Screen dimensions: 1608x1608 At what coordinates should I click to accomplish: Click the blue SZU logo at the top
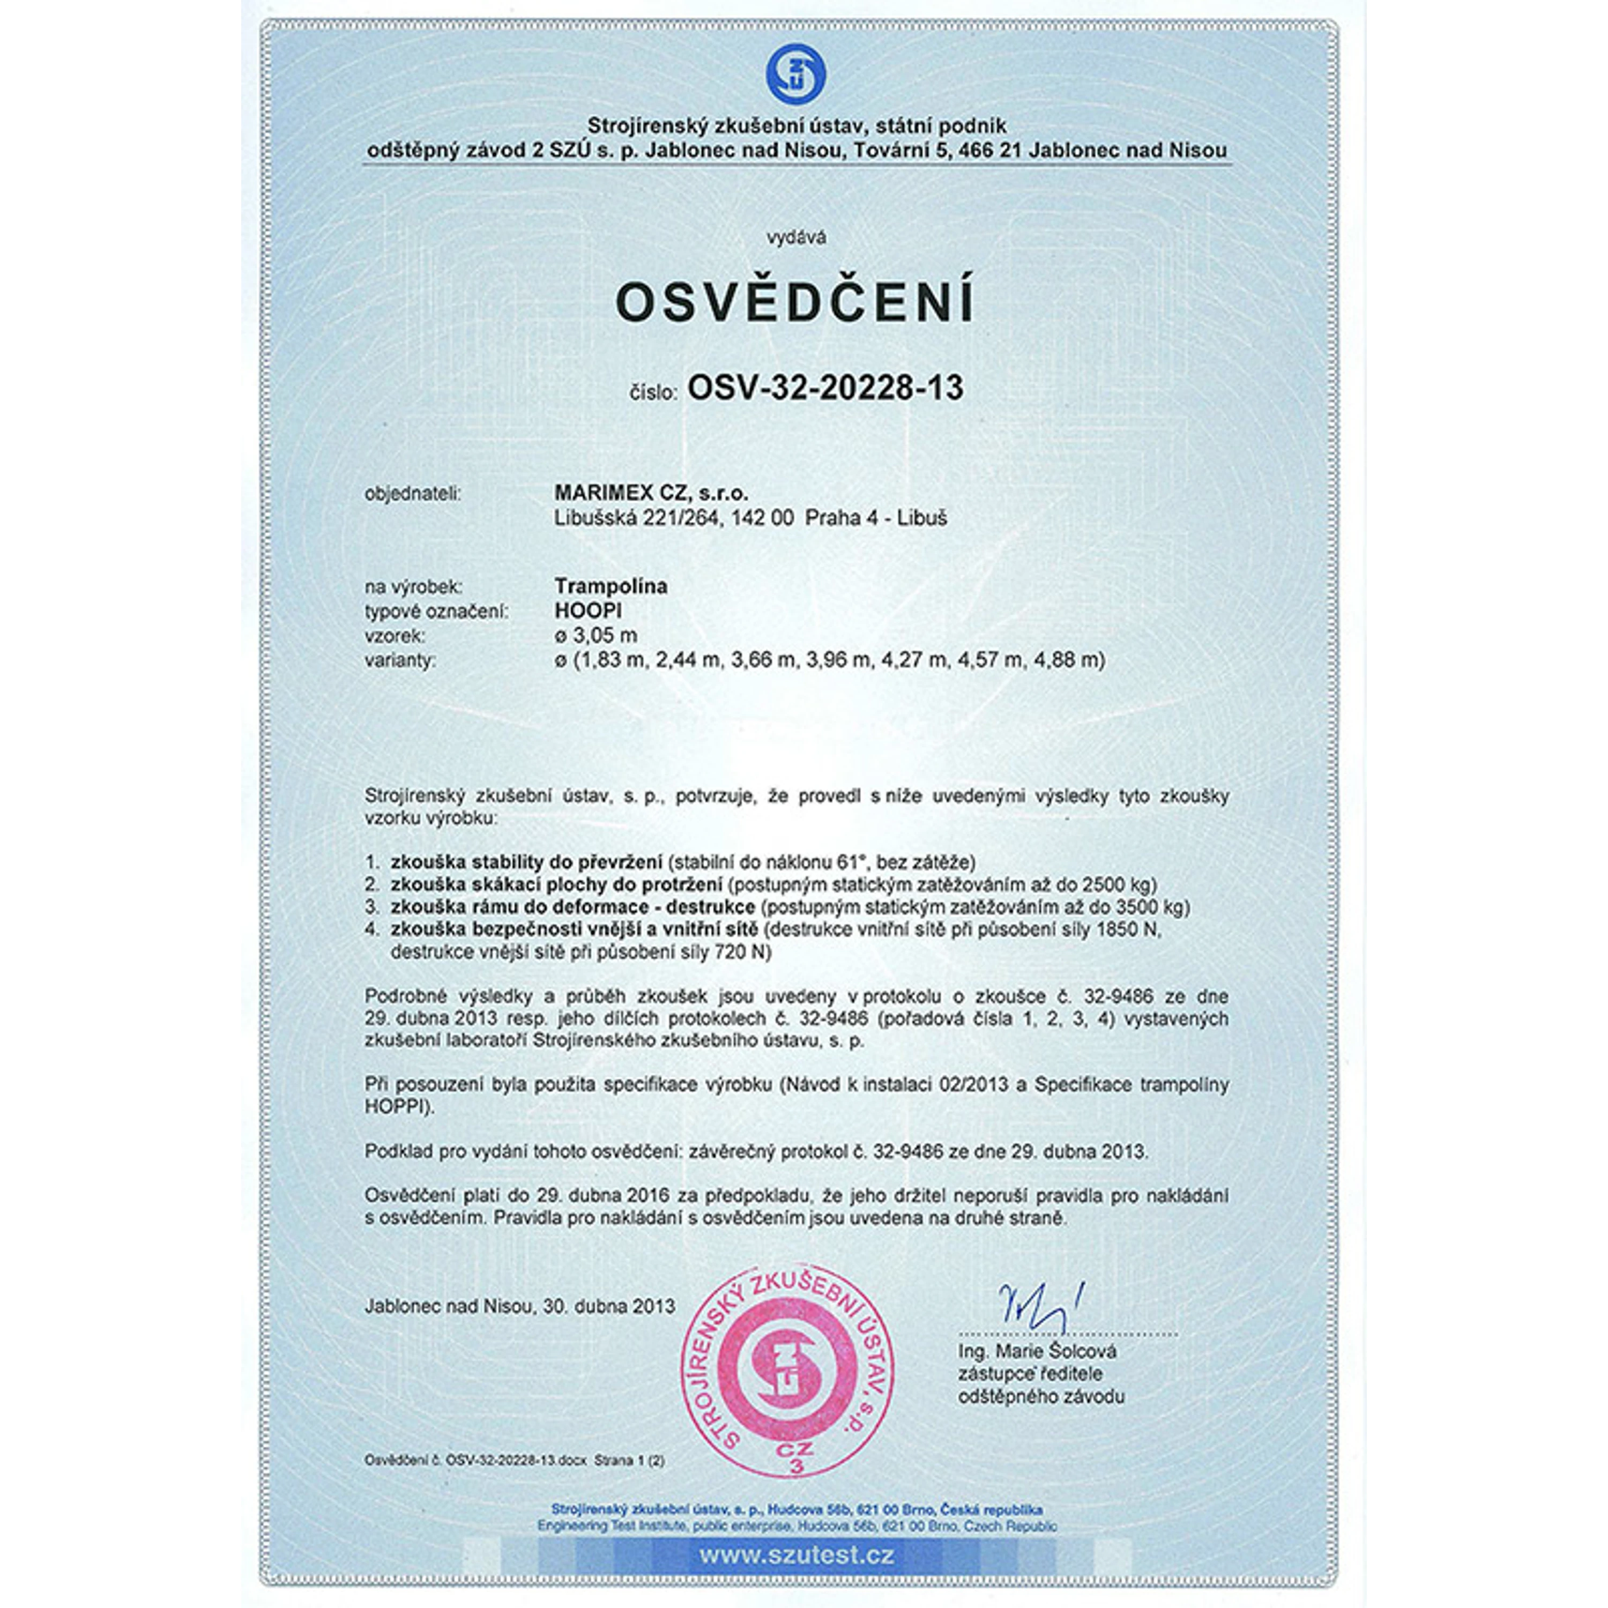pyautogui.click(x=795, y=74)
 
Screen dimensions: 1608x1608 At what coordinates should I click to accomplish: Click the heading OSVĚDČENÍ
pyautogui.click(x=795, y=303)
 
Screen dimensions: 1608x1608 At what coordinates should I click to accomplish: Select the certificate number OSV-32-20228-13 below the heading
pyautogui.click(x=825, y=388)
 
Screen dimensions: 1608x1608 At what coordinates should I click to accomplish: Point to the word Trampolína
pyautogui.click(x=611, y=586)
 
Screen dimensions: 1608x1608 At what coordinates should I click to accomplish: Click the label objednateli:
pyautogui.click(x=413, y=494)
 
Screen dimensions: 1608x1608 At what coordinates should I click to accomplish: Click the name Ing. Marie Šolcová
pyautogui.click(x=1037, y=1351)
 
